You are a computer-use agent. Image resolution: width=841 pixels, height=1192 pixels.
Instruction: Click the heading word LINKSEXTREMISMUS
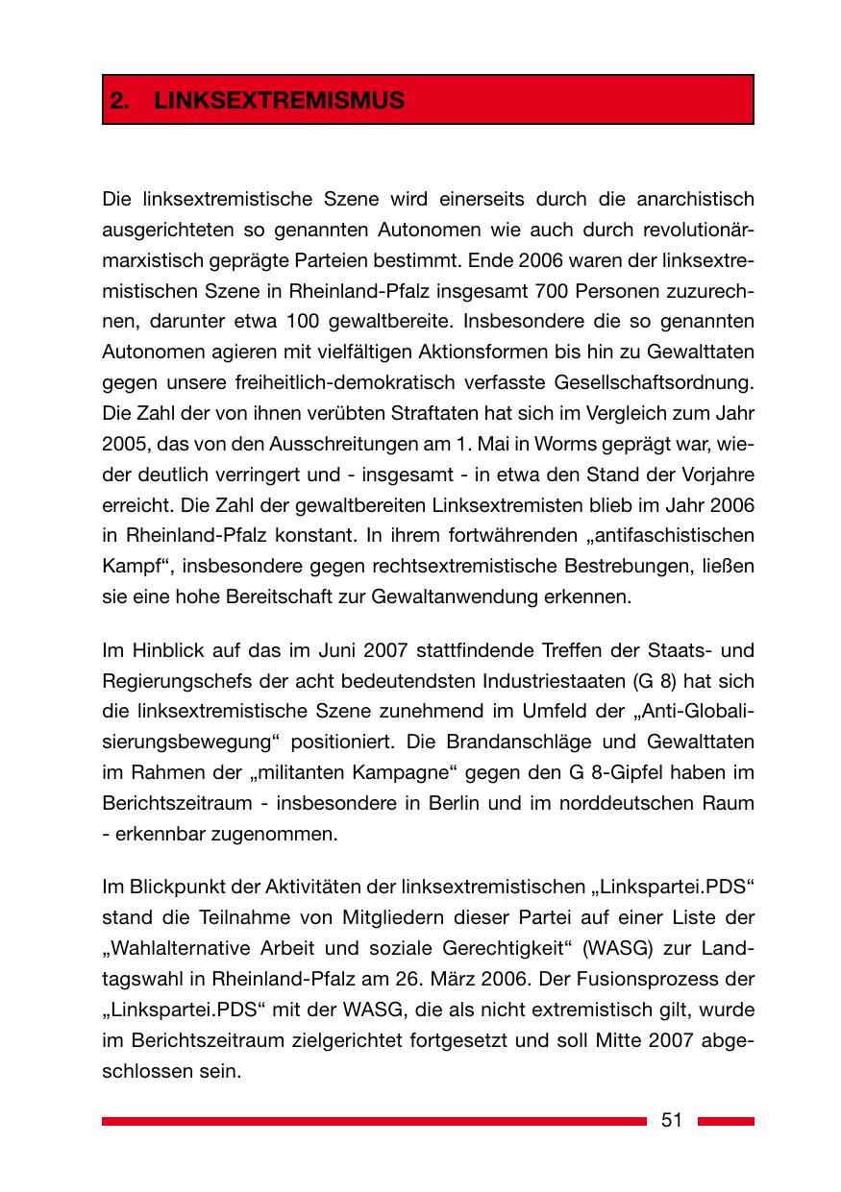point(280,100)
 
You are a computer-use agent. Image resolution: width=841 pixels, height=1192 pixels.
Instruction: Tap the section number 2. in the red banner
point(119,100)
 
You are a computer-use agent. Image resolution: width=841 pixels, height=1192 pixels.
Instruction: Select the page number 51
point(672,1120)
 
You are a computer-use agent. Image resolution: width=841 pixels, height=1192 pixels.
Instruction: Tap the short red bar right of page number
point(726,1120)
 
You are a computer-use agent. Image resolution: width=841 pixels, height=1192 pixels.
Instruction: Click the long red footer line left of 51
point(375,1120)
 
